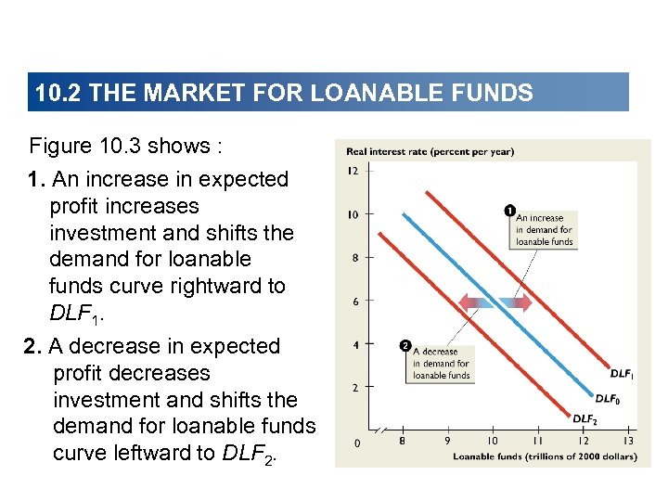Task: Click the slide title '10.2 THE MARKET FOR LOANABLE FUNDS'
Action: pos(283,93)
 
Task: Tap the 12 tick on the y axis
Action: pos(353,171)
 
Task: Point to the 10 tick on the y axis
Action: pos(353,214)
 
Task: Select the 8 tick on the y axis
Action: pos(353,258)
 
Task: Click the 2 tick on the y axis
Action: pos(353,388)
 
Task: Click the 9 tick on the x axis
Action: pos(447,442)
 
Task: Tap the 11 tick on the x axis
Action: pos(537,442)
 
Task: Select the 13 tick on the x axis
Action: pos(627,442)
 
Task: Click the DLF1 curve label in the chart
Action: pos(623,374)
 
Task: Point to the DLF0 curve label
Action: pos(607,398)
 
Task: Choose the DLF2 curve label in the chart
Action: pos(584,419)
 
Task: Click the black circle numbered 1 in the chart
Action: pos(508,209)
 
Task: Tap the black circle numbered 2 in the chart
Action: pos(405,346)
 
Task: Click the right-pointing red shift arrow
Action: pos(516,302)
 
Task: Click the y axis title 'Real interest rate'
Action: pos(430,151)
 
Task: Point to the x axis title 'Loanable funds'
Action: pos(544,456)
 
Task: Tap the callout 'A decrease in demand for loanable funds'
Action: pos(442,364)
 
